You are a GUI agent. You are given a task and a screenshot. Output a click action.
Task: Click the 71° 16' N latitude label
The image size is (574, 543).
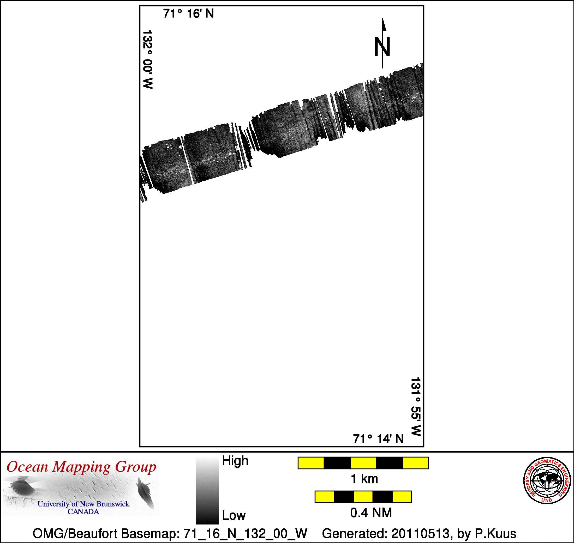point(188,14)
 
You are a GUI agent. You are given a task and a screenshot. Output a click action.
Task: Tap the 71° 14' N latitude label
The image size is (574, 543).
point(378,439)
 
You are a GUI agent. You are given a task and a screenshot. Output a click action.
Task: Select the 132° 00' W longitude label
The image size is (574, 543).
point(148,59)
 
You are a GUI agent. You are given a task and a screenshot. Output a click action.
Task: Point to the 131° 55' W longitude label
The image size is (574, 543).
point(416,407)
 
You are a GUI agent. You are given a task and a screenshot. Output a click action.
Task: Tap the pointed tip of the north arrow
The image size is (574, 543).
point(382,18)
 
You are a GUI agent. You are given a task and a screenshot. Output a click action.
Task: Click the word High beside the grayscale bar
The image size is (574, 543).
point(235,461)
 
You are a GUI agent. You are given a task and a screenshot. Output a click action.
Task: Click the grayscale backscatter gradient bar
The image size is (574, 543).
point(207,491)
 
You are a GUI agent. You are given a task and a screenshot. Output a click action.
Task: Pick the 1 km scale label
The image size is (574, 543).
point(364,479)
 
